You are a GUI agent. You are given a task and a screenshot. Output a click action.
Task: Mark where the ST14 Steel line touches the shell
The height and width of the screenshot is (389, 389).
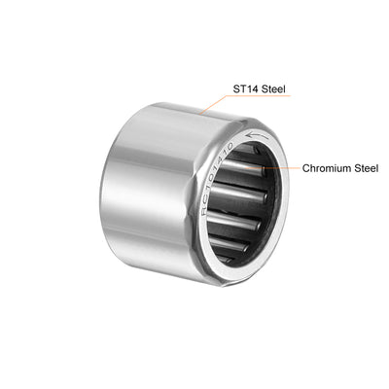[203, 111]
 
